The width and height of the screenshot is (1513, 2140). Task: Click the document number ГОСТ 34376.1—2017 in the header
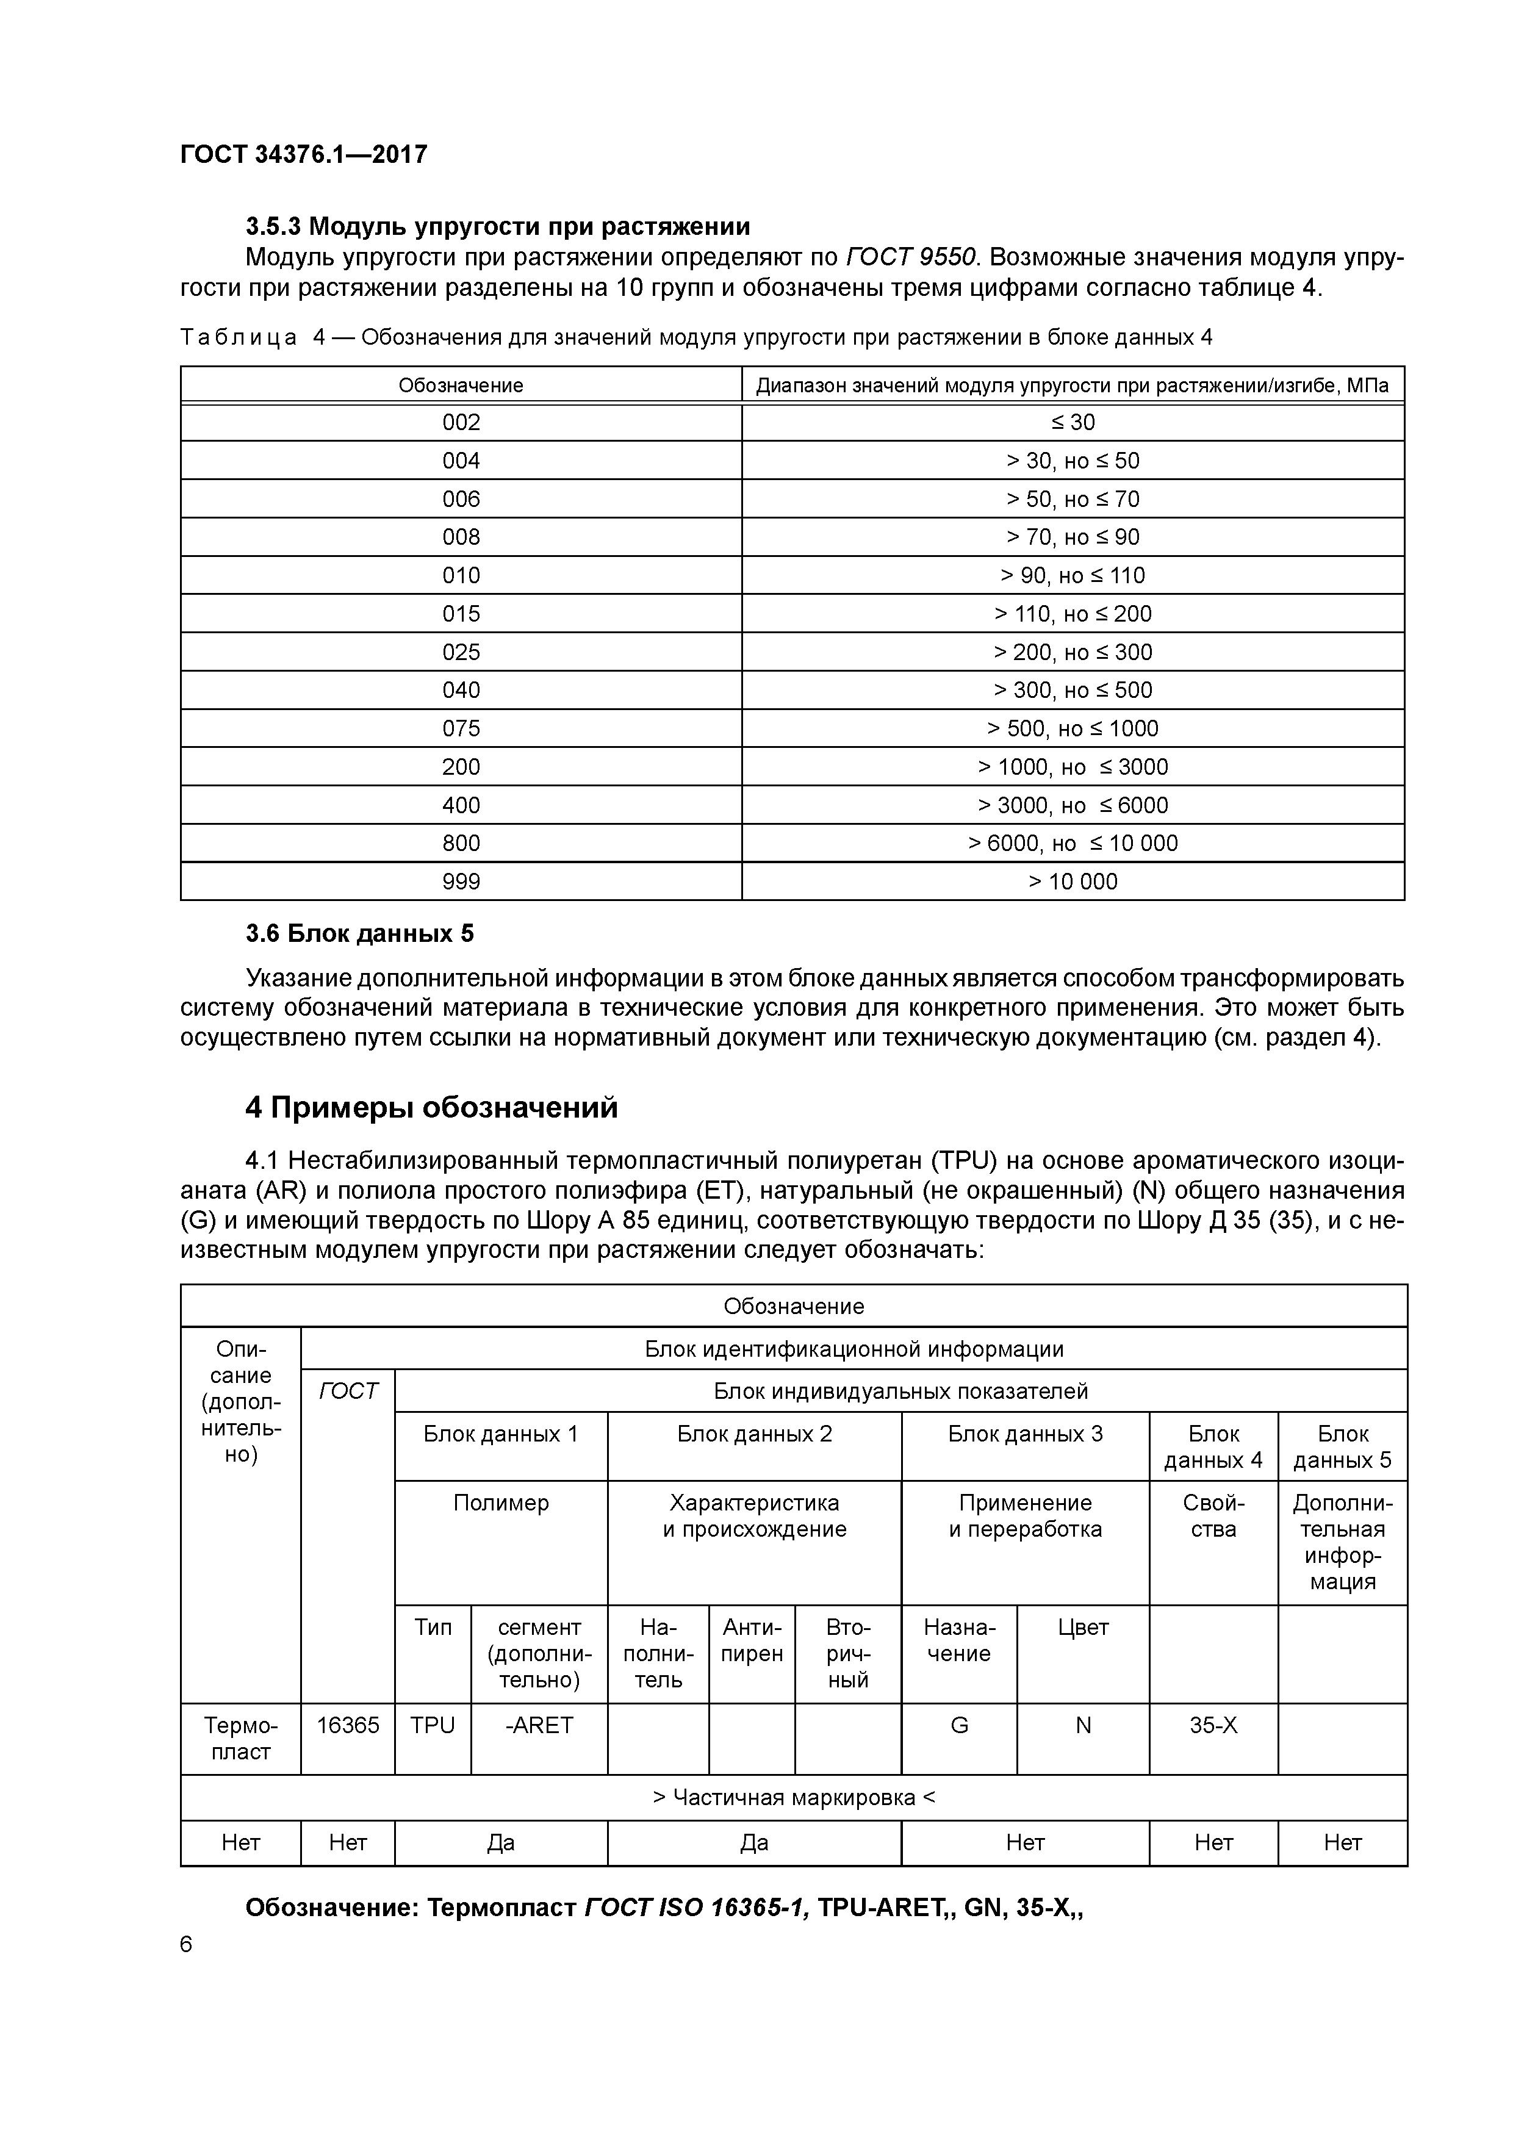[303, 154]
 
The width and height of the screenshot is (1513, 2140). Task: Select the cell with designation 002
[461, 422]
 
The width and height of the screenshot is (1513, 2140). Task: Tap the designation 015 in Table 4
[461, 613]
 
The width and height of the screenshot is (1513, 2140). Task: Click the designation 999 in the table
[461, 881]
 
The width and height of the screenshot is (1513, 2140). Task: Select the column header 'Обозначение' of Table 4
[461, 385]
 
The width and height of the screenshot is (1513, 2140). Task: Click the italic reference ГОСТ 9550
[911, 257]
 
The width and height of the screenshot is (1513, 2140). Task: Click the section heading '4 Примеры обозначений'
[431, 1107]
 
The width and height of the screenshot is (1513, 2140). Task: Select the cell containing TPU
[433, 1725]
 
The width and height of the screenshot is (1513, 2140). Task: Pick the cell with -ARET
[539, 1725]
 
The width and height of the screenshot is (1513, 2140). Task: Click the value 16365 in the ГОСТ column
[348, 1725]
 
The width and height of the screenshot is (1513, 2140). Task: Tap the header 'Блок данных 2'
[754, 1434]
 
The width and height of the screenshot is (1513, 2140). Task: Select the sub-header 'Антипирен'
[752, 1640]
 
